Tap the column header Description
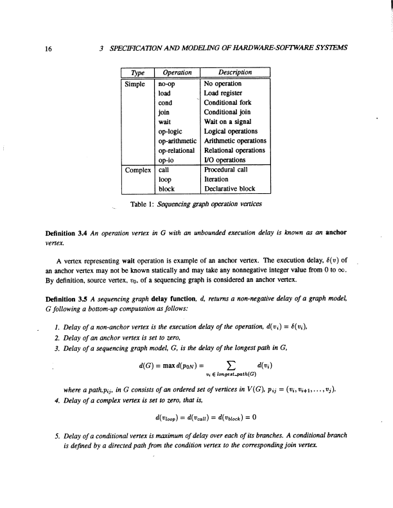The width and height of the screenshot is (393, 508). click(236, 73)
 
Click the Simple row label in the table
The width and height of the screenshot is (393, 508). click(137, 83)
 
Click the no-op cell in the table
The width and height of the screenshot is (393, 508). click(167, 83)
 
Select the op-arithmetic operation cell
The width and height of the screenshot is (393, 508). click(178, 141)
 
